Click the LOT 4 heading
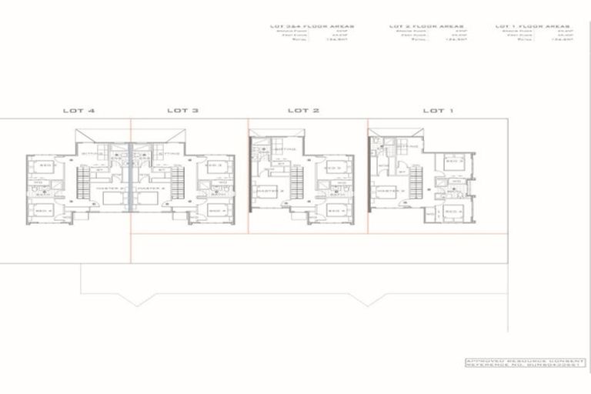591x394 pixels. click(79, 111)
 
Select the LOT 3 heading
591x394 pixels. click(182, 111)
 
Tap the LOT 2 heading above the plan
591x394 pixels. click(303, 111)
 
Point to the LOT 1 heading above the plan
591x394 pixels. click(438, 111)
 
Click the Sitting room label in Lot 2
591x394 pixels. click(283, 149)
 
